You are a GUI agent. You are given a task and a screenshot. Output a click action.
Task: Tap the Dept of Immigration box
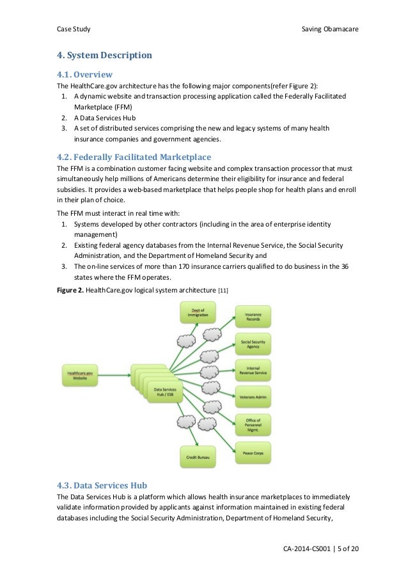198,312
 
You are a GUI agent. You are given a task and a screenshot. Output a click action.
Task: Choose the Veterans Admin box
253,397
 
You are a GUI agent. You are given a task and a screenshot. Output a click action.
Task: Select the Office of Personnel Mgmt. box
253,424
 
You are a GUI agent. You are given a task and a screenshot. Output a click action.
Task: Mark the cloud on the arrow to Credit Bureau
186,421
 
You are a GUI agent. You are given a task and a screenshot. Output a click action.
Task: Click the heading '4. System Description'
104,55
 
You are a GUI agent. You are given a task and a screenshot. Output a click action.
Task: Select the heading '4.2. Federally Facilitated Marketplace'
134,157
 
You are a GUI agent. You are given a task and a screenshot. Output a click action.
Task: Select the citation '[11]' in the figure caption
223,291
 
